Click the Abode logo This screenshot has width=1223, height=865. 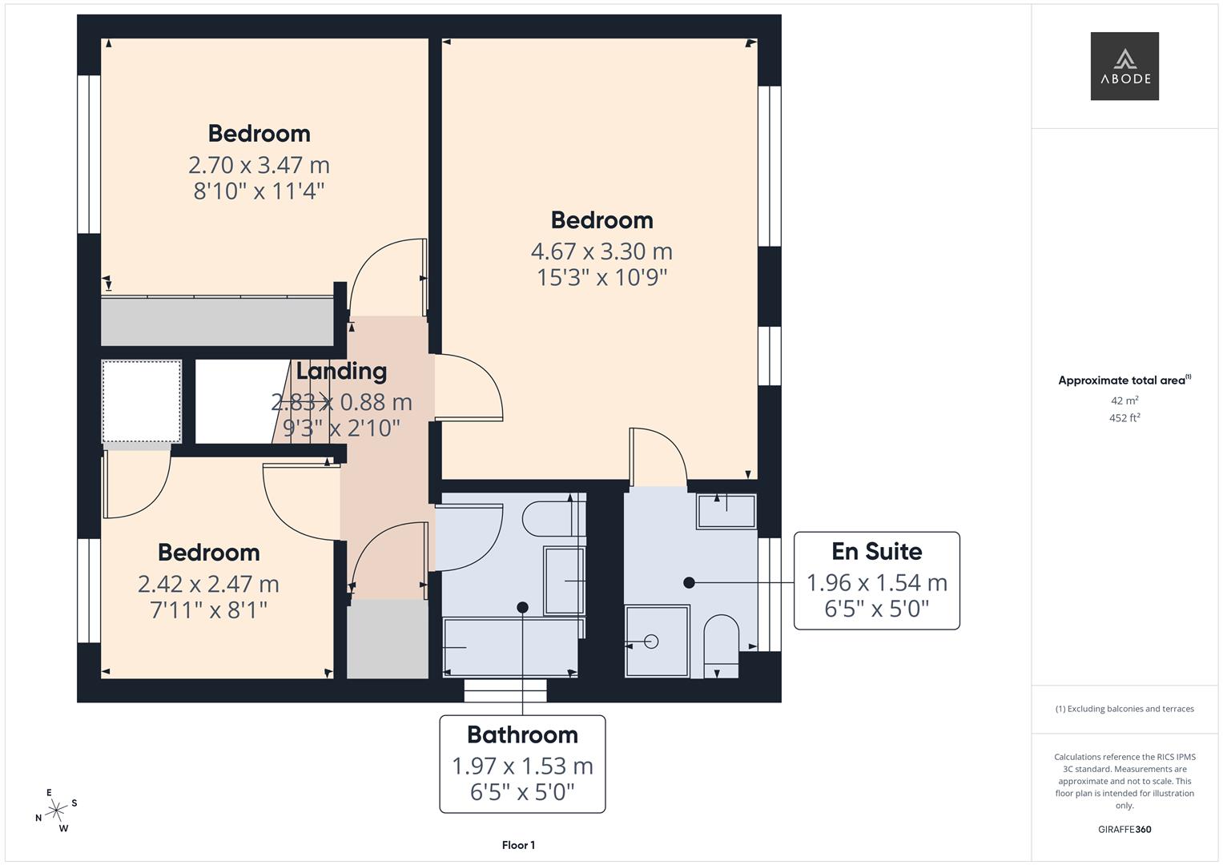tap(1124, 66)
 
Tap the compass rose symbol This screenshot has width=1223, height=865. tap(56, 811)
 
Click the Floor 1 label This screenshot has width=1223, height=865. tap(518, 845)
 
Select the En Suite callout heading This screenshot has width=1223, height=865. tap(876, 551)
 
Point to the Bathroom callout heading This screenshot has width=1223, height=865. tap(522, 734)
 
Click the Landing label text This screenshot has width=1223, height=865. tap(341, 371)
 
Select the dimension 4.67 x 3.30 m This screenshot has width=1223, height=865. tap(601, 251)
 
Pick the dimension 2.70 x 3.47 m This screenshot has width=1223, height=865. tap(259, 165)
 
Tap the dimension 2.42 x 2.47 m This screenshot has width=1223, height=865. tap(208, 584)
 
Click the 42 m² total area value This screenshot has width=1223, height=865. tap(1124, 400)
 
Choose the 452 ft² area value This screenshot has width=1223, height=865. tap(1124, 418)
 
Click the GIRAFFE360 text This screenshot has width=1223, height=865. tap(1124, 829)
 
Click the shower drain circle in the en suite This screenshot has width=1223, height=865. tap(651, 642)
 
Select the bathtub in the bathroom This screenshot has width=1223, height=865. tap(511, 647)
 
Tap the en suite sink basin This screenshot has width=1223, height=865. tap(726, 511)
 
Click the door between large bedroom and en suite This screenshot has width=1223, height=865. tap(658, 457)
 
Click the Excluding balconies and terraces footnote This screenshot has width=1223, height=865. tap(1124, 709)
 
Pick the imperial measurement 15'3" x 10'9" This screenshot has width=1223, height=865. tap(601, 278)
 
